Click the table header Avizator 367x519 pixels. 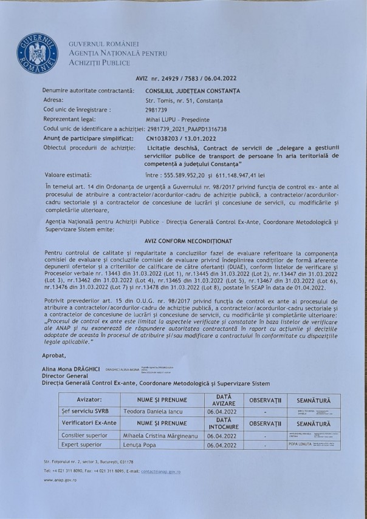click(x=89, y=401)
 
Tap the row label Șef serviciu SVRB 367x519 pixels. click(x=84, y=412)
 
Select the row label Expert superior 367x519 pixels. click(x=83, y=445)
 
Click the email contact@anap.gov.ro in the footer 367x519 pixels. click(x=158, y=471)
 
